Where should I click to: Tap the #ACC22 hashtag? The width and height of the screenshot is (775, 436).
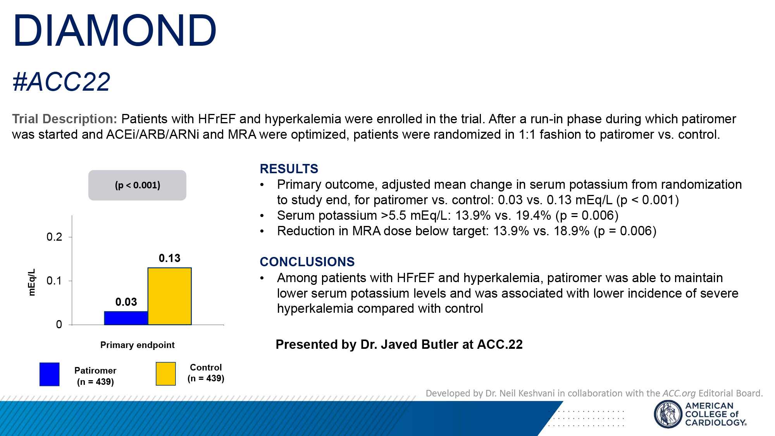tap(61, 82)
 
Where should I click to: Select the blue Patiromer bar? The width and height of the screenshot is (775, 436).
tap(126, 318)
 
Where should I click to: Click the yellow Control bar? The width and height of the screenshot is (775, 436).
tap(169, 296)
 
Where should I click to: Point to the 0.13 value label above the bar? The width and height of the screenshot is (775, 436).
tap(169, 258)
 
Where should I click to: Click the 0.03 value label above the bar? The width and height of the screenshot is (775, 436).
tap(126, 302)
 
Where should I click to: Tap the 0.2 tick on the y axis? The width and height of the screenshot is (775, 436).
tap(54, 237)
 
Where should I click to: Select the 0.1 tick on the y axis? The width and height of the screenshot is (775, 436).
tap(54, 281)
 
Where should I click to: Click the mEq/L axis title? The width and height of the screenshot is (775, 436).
tap(32, 282)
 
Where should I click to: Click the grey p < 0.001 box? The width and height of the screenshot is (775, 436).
tap(137, 185)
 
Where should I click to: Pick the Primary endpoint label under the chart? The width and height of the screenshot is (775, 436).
tap(137, 345)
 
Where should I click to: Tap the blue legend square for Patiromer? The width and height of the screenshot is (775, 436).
tap(50, 374)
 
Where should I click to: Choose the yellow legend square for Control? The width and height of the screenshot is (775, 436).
tap(166, 374)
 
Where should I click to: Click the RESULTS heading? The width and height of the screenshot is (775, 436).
tap(289, 169)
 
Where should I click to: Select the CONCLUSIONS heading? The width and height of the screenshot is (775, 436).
tap(307, 262)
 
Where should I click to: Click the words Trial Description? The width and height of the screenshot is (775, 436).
tap(64, 119)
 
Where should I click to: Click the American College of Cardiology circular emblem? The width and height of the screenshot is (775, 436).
tap(668, 414)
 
